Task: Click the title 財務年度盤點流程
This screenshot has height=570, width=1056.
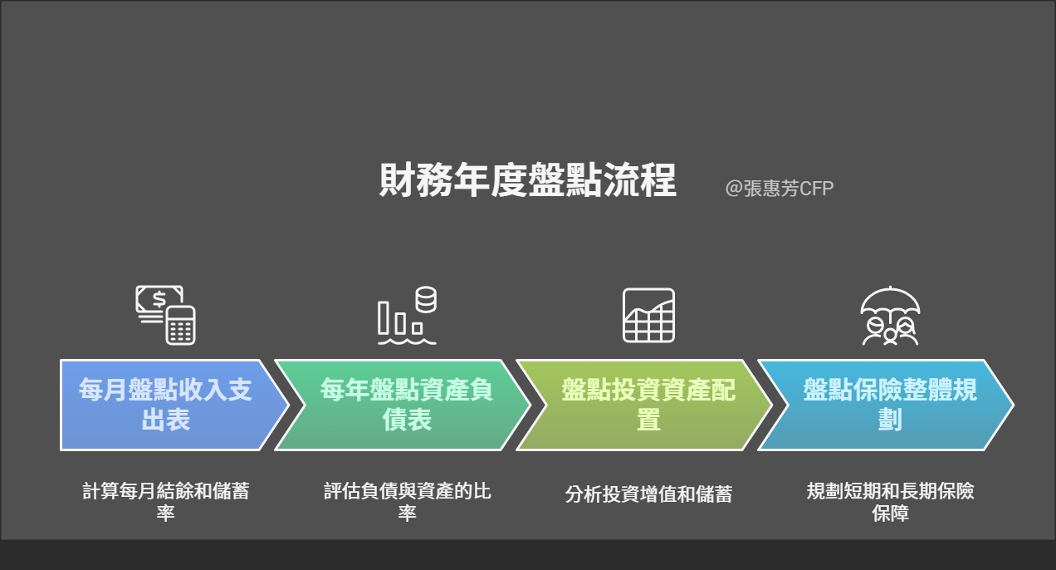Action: [x=528, y=180]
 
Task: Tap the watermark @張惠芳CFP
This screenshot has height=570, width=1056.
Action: [x=780, y=189]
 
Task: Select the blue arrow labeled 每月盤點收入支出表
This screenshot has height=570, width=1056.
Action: [x=174, y=405]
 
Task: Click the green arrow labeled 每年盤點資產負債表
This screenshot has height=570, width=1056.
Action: [x=402, y=405]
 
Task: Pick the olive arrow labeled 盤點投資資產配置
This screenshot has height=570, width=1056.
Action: [x=644, y=405]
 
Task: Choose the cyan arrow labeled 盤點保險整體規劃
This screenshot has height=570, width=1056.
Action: [x=886, y=405]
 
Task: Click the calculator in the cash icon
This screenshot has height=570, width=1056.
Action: [x=180, y=325]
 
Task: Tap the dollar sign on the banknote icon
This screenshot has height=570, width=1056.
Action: [x=159, y=299]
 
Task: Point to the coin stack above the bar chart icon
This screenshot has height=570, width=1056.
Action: [x=426, y=300]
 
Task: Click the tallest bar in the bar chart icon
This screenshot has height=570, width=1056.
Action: [x=384, y=317]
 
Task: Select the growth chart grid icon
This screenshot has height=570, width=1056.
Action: [x=648, y=315]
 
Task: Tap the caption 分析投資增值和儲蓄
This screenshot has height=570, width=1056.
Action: [x=648, y=494]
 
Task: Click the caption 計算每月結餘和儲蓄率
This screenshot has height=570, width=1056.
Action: [x=165, y=502]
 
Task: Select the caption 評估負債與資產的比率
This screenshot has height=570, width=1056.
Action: [x=408, y=502]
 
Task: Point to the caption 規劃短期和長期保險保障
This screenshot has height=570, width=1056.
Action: [x=890, y=502]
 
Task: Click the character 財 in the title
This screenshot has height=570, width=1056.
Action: [x=398, y=180]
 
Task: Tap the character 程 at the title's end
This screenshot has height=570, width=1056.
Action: [x=658, y=180]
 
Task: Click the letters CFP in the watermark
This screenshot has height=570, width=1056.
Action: [x=817, y=189]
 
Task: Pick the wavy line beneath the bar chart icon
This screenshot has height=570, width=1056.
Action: [x=407, y=342]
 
